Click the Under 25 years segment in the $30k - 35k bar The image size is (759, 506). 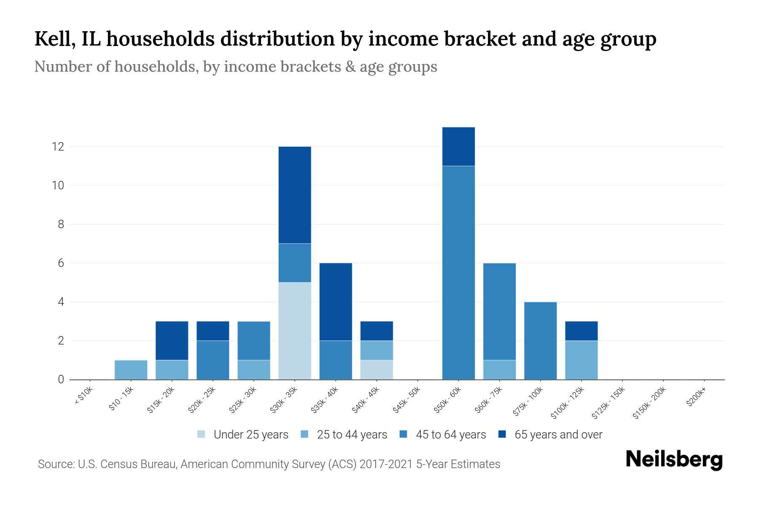[295, 331]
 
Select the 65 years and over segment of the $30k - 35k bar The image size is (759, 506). [295, 195]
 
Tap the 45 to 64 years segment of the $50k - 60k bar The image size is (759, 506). [458, 272]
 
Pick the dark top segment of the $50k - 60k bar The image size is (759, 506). [458, 146]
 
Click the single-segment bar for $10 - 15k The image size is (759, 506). [131, 370]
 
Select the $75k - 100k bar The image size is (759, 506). [540, 341]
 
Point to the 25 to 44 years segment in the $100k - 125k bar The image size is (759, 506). [581, 360]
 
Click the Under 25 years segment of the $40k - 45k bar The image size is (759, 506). [377, 370]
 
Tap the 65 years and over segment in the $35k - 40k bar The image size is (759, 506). [336, 301]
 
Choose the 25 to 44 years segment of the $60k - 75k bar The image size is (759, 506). [499, 370]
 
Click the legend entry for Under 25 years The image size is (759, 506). [251, 435]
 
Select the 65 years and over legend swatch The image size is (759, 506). [502, 434]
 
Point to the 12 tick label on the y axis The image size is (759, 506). [58, 147]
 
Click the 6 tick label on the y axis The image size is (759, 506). [61, 263]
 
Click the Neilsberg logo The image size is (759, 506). [674, 460]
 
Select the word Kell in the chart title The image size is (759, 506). [52, 39]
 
